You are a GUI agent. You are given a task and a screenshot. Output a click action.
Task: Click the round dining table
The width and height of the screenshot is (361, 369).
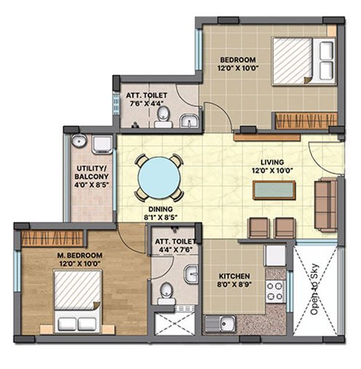click(159, 177)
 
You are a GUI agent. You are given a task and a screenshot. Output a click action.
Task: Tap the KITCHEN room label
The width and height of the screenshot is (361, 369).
click(234, 276)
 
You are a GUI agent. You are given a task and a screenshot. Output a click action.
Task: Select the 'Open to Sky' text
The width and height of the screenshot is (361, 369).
click(315, 290)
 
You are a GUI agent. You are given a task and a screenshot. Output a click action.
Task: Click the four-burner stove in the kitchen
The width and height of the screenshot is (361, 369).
click(275, 292)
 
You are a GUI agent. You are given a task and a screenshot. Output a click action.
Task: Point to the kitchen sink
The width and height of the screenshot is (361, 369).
click(220, 324)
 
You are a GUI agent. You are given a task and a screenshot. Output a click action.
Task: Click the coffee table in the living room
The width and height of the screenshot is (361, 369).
click(274, 190)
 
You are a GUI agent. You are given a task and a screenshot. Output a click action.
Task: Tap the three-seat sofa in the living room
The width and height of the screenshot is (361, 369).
click(326, 205)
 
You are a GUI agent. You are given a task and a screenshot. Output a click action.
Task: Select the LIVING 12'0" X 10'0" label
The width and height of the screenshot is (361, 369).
click(272, 166)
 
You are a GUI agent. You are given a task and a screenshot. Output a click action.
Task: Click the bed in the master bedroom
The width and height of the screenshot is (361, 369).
click(77, 300)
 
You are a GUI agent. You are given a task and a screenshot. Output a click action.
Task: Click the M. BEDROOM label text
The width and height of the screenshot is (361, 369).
click(79, 255)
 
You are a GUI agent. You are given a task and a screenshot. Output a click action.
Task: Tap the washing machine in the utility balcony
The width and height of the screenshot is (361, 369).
click(102, 144)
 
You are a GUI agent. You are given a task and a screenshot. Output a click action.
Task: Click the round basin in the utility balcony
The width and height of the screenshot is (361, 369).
click(79, 141)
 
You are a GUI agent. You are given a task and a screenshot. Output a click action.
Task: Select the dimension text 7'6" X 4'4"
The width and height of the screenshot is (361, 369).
click(147, 104)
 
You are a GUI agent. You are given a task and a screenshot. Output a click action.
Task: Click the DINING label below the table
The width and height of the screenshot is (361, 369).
click(160, 209)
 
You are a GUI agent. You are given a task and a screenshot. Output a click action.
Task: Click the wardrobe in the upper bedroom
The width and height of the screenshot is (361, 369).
click(306, 120)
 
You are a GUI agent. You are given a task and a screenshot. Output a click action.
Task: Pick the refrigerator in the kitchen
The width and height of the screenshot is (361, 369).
click(275, 255)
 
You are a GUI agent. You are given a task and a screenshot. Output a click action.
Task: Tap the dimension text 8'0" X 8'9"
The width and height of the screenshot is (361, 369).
click(234, 284)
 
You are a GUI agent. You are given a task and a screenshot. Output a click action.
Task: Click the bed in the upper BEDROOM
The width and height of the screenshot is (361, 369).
click(304, 61)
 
